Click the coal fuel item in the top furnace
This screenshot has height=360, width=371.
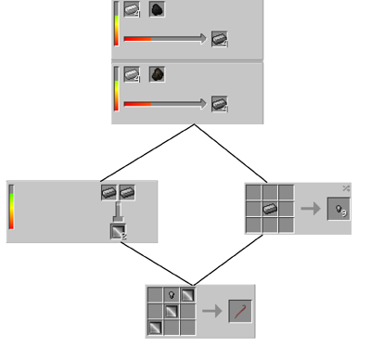pos(157,10)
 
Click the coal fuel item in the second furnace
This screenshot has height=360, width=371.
pos(157,74)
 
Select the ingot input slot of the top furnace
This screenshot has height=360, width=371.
pos(133,10)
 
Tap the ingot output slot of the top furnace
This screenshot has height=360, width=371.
pos(219,39)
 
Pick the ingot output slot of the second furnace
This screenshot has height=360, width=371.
pos(219,103)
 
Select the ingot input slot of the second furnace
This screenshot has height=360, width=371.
pos(133,74)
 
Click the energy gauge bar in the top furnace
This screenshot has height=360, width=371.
pos(117,23)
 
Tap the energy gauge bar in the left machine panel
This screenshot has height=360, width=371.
pos(11,207)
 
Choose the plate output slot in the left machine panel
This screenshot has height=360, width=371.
pos(118,231)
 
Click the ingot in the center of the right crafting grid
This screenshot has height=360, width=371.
pos(269,208)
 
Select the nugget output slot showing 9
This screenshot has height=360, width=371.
pos(338,209)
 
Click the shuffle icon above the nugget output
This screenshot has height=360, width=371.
pos(346,187)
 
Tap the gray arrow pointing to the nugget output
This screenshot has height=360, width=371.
pos(311,209)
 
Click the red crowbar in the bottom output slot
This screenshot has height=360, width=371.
pos(240,311)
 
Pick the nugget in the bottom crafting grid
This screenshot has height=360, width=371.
pos(171,295)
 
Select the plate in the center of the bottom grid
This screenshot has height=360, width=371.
pos(171,311)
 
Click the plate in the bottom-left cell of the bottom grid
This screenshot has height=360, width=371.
pos(155,327)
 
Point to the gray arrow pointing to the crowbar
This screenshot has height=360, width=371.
pos(212,311)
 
